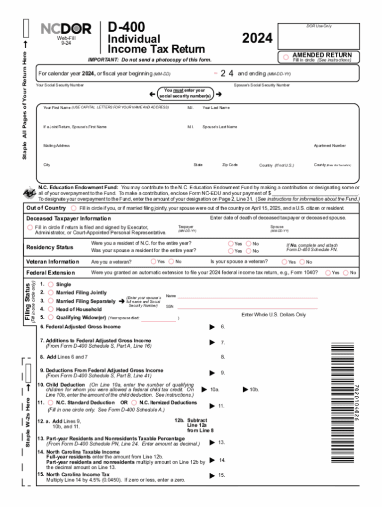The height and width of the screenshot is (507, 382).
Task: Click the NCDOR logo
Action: (x=66, y=29)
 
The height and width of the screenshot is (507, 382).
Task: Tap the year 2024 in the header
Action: (x=257, y=38)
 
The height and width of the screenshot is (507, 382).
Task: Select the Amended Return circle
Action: (x=286, y=57)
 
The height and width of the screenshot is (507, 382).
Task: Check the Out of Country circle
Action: (x=74, y=208)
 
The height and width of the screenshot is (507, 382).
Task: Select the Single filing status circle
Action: (x=51, y=285)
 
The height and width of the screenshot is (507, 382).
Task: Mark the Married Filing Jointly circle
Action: (x=51, y=292)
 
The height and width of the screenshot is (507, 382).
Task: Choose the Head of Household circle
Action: (x=51, y=309)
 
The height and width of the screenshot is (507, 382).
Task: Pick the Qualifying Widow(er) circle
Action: (x=51, y=317)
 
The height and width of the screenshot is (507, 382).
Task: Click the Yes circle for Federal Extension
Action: (x=328, y=273)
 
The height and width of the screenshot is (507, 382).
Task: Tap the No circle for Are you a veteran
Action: (x=171, y=262)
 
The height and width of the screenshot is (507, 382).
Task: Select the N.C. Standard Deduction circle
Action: (x=51, y=403)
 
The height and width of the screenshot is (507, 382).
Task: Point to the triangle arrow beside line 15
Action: (x=212, y=476)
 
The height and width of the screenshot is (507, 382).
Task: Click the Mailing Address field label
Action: (x=57, y=146)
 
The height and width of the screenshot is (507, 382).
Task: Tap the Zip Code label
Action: (x=230, y=165)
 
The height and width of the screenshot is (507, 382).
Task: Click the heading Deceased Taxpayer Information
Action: (x=69, y=218)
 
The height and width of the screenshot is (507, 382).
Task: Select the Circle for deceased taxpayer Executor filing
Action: (x=30, y=227)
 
